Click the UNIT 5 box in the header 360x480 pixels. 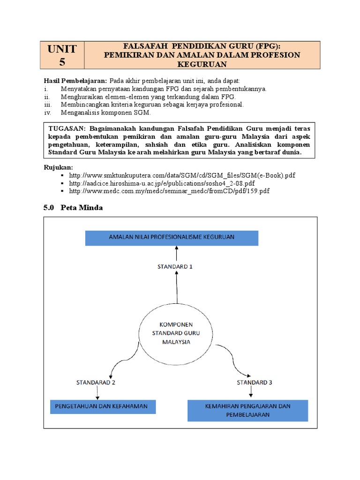point(62,55)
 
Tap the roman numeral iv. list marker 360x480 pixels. point(47,112)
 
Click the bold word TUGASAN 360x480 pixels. point(67,128)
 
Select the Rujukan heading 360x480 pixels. point(58,167)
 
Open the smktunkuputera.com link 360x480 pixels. point(182,175)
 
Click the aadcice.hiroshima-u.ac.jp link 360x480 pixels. point(162,183)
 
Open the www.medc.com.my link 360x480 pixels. point(169,191)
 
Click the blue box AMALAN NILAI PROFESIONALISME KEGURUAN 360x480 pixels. point(172,238)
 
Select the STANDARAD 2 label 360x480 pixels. point(96,382)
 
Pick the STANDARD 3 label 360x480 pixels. point(255,382)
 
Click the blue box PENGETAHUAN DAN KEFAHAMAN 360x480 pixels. point(103,406)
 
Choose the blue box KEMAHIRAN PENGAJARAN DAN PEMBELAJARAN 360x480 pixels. point(248,410)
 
